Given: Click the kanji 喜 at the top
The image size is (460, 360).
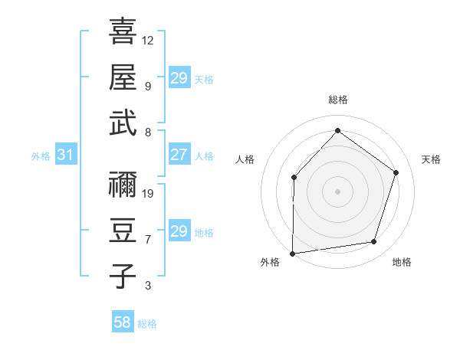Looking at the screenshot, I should click(x=123, y=32).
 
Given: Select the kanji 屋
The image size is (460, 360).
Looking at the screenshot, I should click(x=123, y=77).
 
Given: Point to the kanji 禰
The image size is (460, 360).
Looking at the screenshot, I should click(x=123, y=186).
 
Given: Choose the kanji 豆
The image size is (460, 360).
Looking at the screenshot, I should click(x=123, y=231).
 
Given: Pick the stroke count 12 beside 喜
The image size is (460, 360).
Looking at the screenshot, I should click(x=148, y=40).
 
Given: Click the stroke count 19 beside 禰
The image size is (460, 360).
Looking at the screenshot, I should click(x=148, y=193).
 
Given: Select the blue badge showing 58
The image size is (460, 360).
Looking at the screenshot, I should click(x=123, y=322).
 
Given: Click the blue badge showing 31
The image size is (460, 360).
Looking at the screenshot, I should click(x=65, y=155).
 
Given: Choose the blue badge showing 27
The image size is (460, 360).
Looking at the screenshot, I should click(x=179, y=155).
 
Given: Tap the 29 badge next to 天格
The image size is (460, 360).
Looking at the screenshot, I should click(x=179, y=78).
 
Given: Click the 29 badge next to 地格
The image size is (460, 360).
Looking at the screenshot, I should click(x=179, y=232).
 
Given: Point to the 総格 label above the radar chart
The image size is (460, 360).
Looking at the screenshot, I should click(x=338, y=100).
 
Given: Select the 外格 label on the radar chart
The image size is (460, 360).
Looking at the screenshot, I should click(x=270, y=262).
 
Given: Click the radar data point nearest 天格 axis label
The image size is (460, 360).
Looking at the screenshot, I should click(x=396, y=172).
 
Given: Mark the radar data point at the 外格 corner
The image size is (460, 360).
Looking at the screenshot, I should click(x=292, y=253).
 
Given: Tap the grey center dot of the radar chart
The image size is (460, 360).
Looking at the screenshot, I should click(x=337, y=191).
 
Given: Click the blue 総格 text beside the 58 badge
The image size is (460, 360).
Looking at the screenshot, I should click(x=147, y=324).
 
